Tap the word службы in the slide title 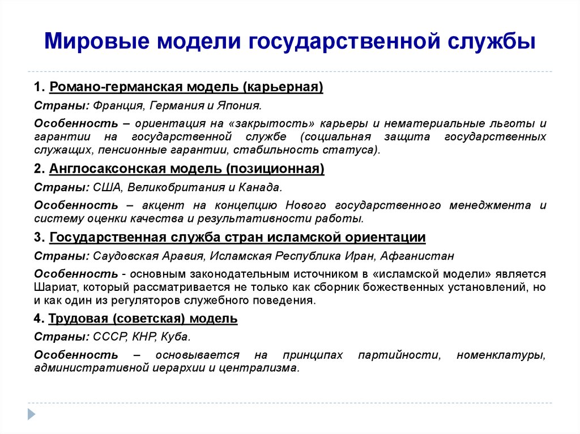pyautogui.click(x=492, y=41)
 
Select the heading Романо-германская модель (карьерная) pyautogui.click(x=186, y=87)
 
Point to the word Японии pyautogui.click(x=239, y=106)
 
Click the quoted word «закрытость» pyautogui.click(x=274, y=123)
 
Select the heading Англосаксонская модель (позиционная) pyautogui.click(x=187, y=169)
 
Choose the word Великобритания pyautogui.click(x=176, y=187)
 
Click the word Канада pyautogui.click(x=259, y=187)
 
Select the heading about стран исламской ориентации pyautogui.click(x=237, y=237)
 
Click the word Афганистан pyautogui.click(x=417, y=256)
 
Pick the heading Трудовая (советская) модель pyautogui.click(x=143, y=319)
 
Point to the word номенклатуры pyautogui.click(x=501, y=355)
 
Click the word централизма pyautogui.click(x=258, y=368)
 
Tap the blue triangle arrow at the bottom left pyautogui.click(x=32, y=414)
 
